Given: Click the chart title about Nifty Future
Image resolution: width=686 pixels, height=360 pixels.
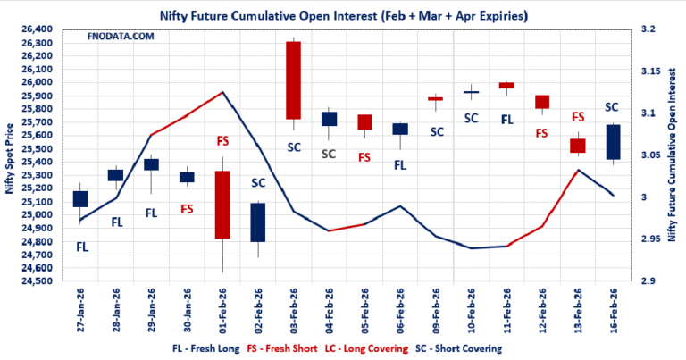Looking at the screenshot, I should [x=343, y=15].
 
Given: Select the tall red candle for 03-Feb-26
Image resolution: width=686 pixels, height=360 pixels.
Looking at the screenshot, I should [x=293, y=80].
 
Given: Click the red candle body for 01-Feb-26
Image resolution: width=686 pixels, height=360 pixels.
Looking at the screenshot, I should [x=222, y=205].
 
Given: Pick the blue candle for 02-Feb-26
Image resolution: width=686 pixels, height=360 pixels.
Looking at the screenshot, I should [x=258, y=222].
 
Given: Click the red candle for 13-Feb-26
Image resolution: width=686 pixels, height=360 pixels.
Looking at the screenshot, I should [x=577, y=146].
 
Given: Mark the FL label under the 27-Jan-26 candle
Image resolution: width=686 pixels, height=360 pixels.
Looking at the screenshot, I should [x=82, y=246].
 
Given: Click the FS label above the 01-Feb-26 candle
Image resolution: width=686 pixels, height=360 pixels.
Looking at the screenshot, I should [x=222, y=140].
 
